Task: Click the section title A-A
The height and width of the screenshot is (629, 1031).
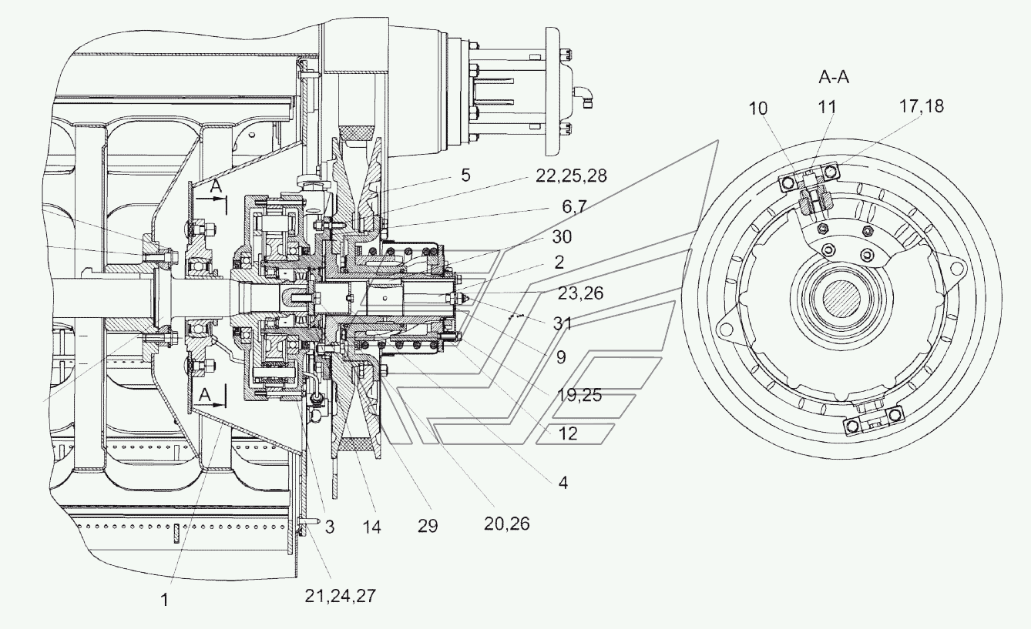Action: (834, 77)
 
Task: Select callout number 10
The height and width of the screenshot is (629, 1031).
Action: (757, 109)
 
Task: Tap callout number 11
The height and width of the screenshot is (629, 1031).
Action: (827, 107)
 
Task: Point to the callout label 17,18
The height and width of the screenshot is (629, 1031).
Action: (922, 106)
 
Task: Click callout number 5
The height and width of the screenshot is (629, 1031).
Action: (465, 176)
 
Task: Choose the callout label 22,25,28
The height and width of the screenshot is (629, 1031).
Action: (571, 176)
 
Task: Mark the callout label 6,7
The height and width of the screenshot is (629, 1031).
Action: (574, 207)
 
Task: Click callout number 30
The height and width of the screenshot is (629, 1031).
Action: (562, 237)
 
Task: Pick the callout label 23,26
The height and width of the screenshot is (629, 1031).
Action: (580, 293)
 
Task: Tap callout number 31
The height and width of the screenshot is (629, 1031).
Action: (562, 323)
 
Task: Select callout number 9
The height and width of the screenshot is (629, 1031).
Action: (561, 357)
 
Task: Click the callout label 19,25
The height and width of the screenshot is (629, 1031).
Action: (579, 395)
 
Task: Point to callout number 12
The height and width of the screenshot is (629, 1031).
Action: (567, 433)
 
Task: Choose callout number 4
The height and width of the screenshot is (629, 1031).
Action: (563, 483)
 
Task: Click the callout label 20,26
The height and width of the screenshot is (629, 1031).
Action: (507, 524)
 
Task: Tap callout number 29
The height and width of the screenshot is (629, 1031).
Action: (428, 526)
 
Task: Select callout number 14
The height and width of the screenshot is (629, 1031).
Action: (371, 527)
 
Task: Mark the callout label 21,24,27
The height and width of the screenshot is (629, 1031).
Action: (340, 596)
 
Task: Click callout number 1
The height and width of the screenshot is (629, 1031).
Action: (165, 600)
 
